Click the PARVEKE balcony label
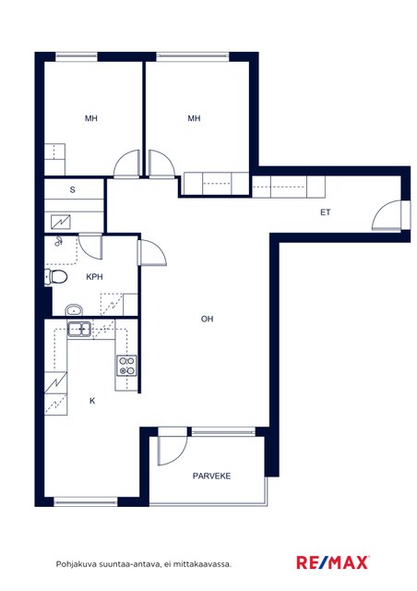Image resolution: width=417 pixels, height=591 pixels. [211, 476]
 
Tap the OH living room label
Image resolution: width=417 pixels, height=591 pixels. [208, 319]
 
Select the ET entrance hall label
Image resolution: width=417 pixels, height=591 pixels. [326, 212]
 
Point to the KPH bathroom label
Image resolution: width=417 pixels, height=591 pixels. [94, 277]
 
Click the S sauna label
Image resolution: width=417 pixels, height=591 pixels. [72, 190]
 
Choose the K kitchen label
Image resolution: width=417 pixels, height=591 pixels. [92, 401]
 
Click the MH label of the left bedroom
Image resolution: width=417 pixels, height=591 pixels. [91, 118]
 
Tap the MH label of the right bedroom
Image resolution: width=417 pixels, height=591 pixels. [194, 118]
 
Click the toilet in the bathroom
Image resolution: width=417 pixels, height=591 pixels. [55, 277]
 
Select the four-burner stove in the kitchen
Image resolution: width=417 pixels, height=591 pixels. [126, 366]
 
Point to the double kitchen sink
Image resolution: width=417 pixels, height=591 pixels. [79, 329]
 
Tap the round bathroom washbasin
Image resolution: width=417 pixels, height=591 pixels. [74, 310]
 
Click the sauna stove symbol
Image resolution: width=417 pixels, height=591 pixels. [61, 223]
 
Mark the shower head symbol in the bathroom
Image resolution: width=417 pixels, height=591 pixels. [58, 242]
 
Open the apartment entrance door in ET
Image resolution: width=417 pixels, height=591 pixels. [387, 215]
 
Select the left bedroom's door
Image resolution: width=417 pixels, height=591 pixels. [127, 163]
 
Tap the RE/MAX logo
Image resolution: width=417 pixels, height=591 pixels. [333, 562]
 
